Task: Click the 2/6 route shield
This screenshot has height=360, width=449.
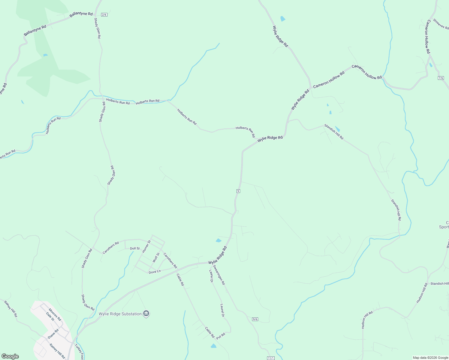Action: (104, 15)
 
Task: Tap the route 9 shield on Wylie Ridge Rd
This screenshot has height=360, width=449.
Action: (238, 191)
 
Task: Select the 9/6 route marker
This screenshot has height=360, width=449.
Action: (255, 319)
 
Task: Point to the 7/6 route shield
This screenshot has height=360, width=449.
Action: (441, 78)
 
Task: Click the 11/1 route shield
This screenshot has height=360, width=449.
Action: (270, 358)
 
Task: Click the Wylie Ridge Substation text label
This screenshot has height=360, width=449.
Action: (120, 314)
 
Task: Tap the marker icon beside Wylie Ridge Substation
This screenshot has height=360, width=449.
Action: (146, 314)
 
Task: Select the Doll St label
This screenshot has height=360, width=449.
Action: (135, 248)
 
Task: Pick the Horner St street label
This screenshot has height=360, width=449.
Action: (146, 246)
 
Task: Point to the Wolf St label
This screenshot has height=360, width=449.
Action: (156, 258)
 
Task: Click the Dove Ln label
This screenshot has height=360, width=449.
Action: (155, 271)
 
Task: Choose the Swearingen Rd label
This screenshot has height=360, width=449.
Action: (219, 275)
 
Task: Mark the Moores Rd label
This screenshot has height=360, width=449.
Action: (55, 314)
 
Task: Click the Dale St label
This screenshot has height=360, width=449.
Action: (50, 316)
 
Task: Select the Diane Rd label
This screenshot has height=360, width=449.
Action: (53, 334)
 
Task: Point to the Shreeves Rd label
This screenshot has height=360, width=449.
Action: (441, 24)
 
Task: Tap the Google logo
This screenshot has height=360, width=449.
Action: (10, 356)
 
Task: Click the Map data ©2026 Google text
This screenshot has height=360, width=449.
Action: (430, 358)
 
